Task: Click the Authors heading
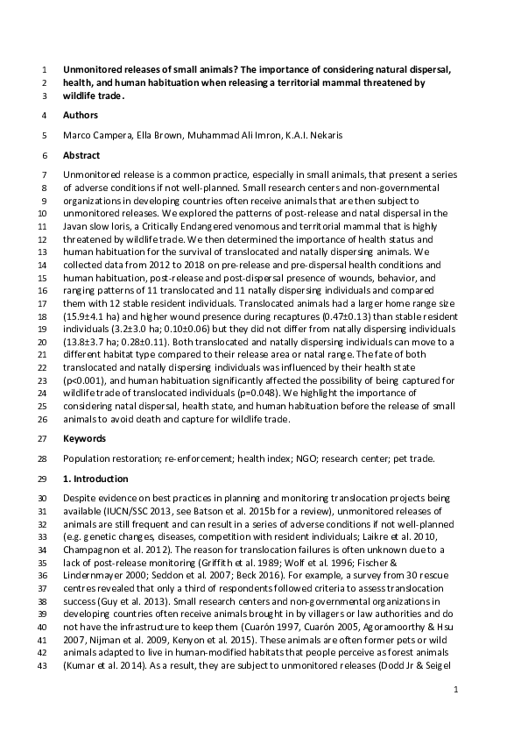[81, 115]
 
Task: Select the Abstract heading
[81, 154]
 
